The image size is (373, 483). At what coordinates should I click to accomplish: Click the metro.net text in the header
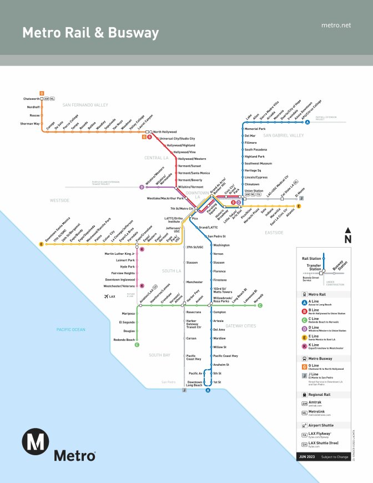pyautogui.click(x=336, y=26)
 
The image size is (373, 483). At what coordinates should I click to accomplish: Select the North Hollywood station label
pyautogui.click(x=164, y=132)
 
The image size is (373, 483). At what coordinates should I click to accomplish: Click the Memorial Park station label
pyautogui.click(x=255, y=129)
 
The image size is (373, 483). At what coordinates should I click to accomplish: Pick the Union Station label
pyautogui.click(x=254, y=190)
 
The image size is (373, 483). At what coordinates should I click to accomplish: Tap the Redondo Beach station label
pyautogui.click(x=124, y=339)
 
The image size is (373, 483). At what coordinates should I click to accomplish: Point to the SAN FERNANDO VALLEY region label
pyautogui.click(x=85, y=104)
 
